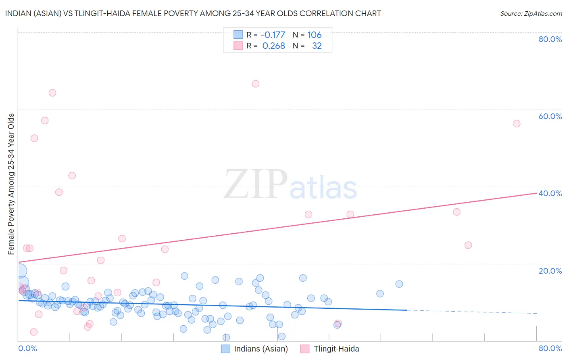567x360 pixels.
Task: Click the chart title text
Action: coord(193,13)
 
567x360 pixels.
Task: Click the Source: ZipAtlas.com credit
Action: coord(531,13)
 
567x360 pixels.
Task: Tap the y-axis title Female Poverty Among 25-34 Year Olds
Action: coord(11,184)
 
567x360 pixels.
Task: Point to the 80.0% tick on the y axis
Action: coord(550,39)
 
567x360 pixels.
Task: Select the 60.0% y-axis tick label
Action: coord(550,116)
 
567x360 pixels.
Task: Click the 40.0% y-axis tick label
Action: coord(550,193)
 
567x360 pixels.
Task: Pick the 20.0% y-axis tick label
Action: coord(550,270)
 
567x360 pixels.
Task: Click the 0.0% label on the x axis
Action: coord(27,348)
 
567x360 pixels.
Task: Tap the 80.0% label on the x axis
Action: coord(550,348)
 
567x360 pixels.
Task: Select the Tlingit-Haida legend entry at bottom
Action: coord(336,349)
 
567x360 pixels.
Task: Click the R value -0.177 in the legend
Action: coord(273,35)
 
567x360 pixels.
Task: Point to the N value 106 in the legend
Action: coord(315,35)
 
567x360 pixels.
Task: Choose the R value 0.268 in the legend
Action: coord(273,46)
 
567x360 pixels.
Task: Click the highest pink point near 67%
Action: coord(255,84)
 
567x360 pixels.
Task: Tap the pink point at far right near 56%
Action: coord(517,123)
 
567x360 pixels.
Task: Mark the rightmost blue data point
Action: coord(399,284)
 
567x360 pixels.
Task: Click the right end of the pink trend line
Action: coord(536,193)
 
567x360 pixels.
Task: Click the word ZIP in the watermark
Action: coord(256,184)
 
